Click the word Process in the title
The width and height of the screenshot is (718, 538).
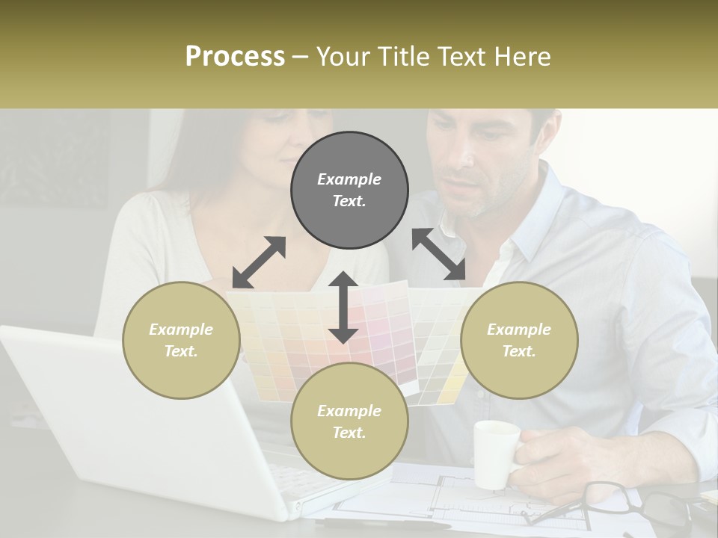pos(235,57)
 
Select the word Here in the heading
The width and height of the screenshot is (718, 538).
pos(522,57)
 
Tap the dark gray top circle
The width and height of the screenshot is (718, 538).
pos(349,191)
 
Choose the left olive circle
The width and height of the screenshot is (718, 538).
pos(181,340)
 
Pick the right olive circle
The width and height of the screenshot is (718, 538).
pos(518,340)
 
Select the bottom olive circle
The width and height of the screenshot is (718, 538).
pos(349,421)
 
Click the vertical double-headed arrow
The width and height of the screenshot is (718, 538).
pos(343,307)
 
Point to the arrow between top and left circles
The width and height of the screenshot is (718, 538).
pos(259,262)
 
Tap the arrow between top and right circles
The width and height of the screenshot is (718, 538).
pos(439,254)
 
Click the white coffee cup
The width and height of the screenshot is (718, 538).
pos(495,454)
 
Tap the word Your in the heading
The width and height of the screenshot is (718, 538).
pos(342,57)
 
